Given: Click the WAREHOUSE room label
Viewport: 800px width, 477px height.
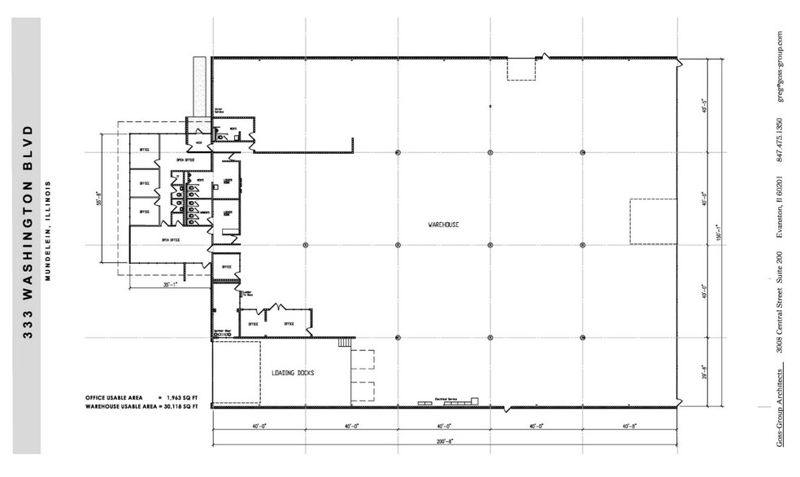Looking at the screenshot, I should point(443,223).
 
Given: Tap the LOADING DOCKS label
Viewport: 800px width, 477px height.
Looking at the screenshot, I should point(293,373).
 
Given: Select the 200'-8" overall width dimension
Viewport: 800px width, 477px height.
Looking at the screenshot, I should point(443,440).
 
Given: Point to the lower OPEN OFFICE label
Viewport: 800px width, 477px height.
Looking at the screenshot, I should point(171,240).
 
